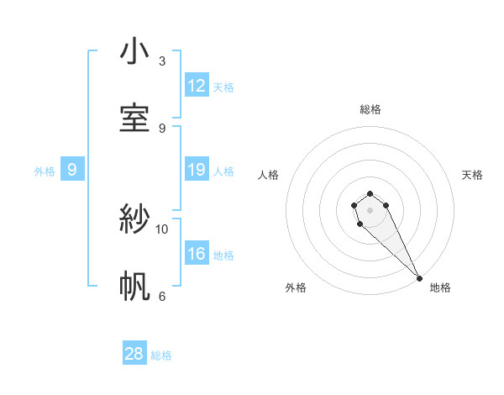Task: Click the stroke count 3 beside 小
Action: coord(162,61)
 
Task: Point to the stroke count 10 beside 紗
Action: coord(162,229)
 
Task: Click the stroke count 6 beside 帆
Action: coord(162,296)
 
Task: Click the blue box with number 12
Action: coord(197,86)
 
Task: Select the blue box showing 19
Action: coord(197,170)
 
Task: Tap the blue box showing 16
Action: coord(197,254)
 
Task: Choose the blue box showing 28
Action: coord(134,354)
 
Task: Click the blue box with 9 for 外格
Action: coord(72,170)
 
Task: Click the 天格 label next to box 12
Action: coord(223,87)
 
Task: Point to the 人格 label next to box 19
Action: coord(223,171)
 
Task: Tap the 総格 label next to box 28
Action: coord(161,355)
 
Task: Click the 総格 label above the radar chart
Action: coord(370,109)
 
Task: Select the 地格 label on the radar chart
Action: coord(440,287)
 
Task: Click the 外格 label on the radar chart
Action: coord(296,287)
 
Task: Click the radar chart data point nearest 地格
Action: coord(419,278)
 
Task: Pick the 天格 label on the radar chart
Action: coord(472,175)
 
